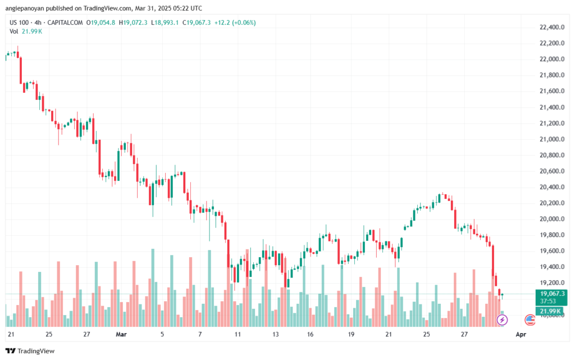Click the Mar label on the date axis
[121, 334]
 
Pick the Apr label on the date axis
[521, 334]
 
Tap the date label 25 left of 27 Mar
[426, 334]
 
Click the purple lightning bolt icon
[503, 320]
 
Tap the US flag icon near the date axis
[529, 320]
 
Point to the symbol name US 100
[20, 22]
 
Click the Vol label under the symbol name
[14, 31]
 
